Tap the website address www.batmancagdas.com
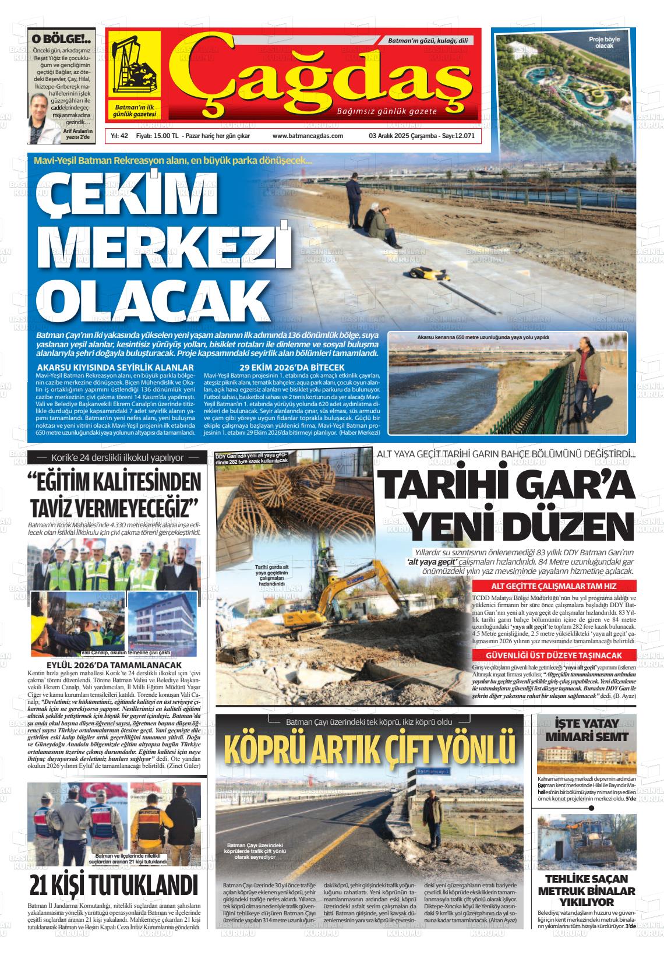click(x=308, y=136)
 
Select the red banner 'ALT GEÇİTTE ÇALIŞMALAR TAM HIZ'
click(x=553, y=586)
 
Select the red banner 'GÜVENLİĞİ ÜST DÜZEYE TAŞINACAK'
click(x=553, y=655)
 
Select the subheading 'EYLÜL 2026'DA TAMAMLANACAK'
click(x=114, y=665)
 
